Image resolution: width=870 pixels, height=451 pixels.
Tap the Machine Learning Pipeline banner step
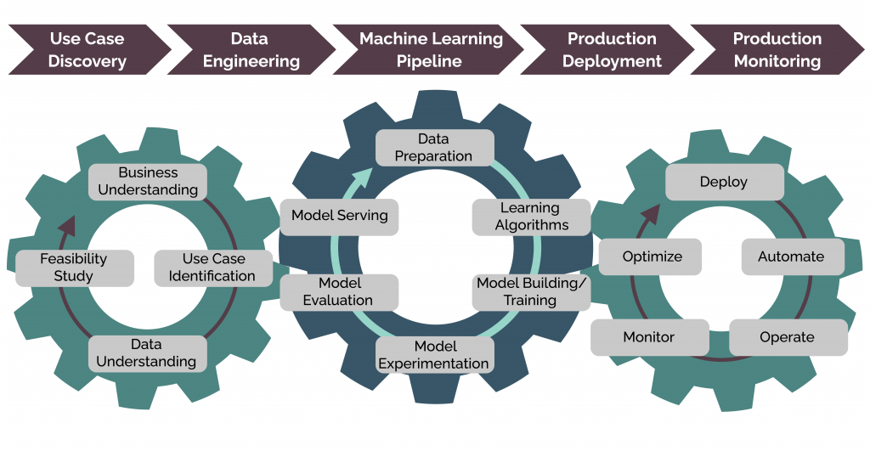click(x=429, y=50)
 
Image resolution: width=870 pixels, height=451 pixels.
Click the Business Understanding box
click(x=148, y=182)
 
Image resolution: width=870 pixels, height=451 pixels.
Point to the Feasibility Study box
click(x=74, y=268)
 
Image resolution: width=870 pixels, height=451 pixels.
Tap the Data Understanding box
click(x=148, y=353)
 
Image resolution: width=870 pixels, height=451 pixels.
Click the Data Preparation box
click(x=434, y=147)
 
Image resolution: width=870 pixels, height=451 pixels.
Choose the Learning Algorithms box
click(x=530, y=217)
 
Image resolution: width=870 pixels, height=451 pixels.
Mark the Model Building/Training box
click(x=531, y=291)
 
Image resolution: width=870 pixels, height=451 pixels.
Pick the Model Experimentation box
click(x=433, y=355)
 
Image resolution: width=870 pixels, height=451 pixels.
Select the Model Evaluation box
click(x=339, y=291)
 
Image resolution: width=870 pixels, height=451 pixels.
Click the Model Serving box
click(x=339, y=216)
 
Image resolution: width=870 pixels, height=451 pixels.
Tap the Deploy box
click(x=724, y=183)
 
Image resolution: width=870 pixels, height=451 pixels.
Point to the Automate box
click(x=791, y=257)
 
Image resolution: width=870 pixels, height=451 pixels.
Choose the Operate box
click(x=788, y=337)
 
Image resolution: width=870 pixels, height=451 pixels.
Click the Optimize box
click(x=652, y=257)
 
